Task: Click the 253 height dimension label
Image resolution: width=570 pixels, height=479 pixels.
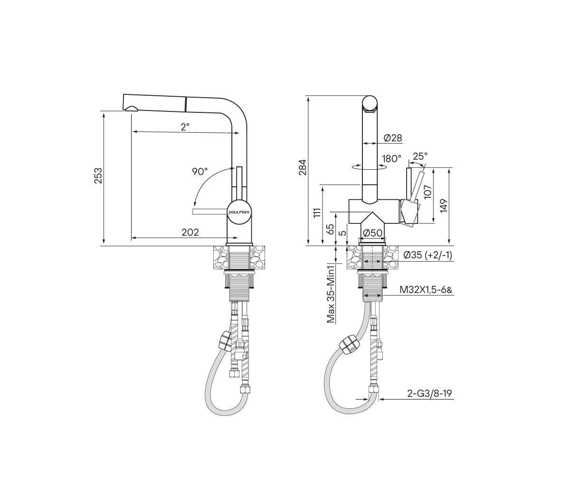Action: tap(98, 175)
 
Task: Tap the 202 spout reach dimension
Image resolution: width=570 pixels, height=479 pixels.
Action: tap(190, 232)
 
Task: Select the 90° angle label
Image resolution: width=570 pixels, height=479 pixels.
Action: tap(200, 172)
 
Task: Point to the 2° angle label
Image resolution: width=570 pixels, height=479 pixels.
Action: tap(185, 127)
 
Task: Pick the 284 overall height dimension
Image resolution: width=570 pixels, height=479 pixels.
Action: tap(303, 167)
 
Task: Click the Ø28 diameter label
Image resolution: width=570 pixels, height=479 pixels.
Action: tap(393, 138)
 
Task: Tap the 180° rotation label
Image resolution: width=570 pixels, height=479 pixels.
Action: tap(392, 158)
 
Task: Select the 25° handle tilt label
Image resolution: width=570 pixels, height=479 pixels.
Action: tap(420, 156)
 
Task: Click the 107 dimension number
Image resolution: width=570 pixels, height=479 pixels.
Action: tap(427, 192)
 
